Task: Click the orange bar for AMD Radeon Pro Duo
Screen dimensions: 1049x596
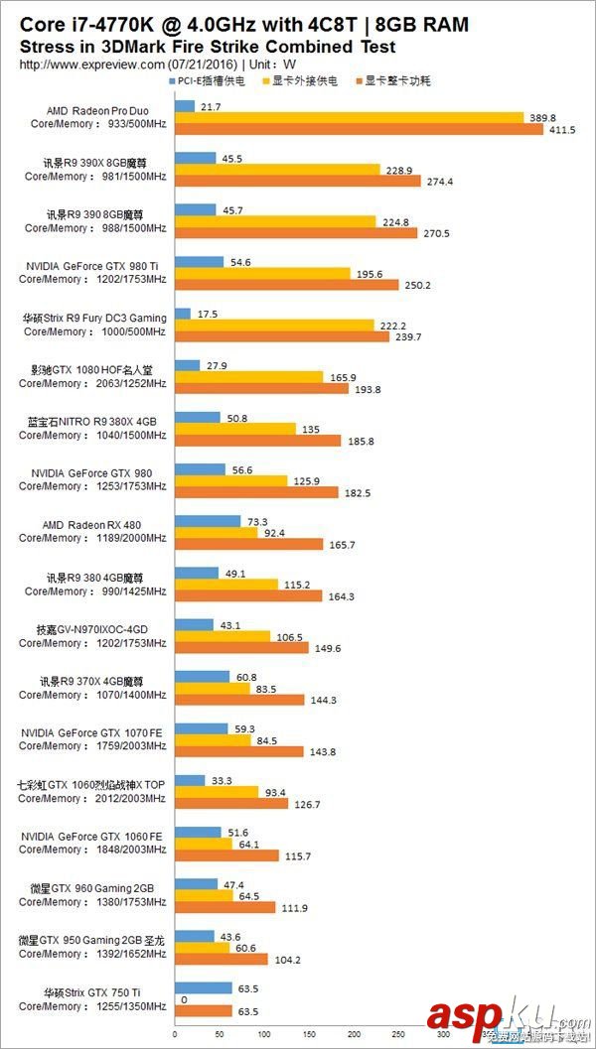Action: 358,130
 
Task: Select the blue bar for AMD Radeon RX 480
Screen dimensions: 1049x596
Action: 207,521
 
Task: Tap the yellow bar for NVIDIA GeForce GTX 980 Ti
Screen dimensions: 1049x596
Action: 261,273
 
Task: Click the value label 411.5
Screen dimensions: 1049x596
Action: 561,130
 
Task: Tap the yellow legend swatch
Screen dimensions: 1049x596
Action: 264,81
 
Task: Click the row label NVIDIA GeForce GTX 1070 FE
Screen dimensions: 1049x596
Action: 94,732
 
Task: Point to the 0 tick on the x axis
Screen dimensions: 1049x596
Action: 174,1036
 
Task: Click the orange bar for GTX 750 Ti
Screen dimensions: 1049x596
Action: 203,1011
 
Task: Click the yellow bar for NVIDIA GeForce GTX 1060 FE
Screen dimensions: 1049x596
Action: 203,844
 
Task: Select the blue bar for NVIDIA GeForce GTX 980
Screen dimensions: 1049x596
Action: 199,469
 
